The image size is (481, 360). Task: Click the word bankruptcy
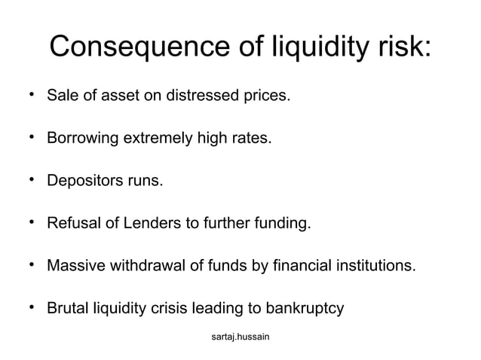click(x=306, y=308)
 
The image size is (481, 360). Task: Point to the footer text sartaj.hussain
click(x=241, y=337)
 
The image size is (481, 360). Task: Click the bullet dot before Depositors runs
click(x=31, y=179)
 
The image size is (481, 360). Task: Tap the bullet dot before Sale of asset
click(x=31, y=95)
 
